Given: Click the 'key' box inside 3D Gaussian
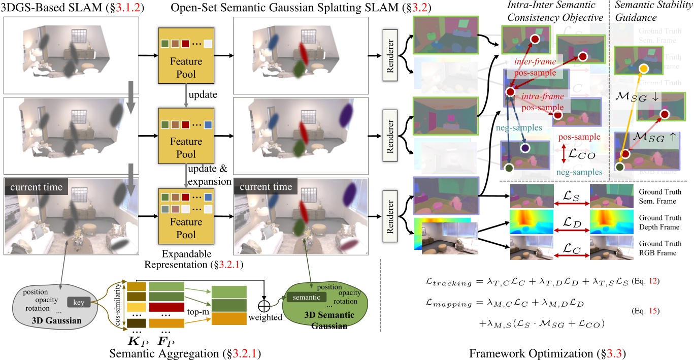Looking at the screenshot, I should tap(79, 303).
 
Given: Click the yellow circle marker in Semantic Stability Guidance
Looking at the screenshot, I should tap(643, 69).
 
